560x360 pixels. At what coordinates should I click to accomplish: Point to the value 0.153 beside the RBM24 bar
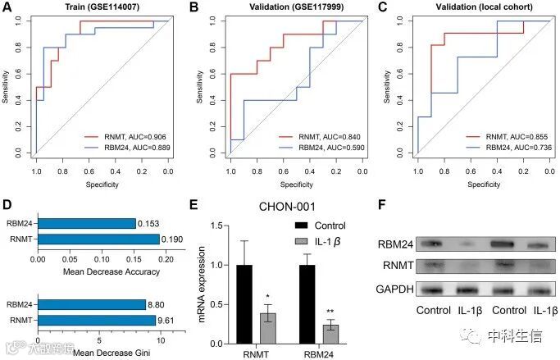coord(148,223)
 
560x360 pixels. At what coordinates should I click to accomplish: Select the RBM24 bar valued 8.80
coord(90,304)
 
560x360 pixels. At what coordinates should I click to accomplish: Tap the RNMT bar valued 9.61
coord(95,320)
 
